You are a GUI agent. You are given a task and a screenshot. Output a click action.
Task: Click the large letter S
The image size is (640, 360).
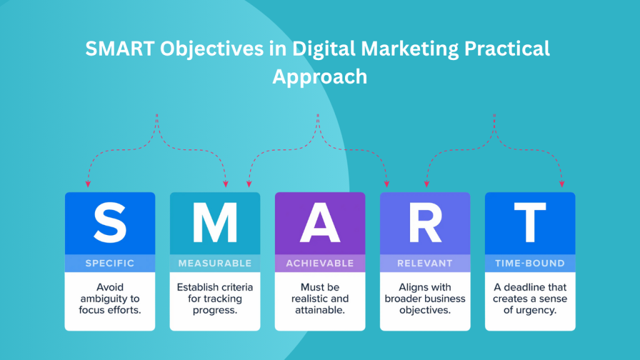coord(110,222)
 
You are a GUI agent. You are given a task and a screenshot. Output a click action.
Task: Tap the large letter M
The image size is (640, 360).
coord(215,222)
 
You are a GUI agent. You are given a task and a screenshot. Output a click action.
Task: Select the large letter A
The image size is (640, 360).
coord(320,222)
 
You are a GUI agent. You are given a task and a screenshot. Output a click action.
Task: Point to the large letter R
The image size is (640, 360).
coord(425,222)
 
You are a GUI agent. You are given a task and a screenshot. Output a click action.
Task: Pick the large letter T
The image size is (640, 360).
coord(530,222)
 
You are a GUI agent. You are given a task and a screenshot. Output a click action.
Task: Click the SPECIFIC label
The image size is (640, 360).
coord(110,263)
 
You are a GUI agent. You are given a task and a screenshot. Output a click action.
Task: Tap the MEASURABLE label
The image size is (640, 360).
coord(215,263)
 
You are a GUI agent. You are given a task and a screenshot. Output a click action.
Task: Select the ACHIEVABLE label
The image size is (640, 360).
coord(320,263)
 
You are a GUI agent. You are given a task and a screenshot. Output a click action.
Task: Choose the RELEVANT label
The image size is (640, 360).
coord(425,263)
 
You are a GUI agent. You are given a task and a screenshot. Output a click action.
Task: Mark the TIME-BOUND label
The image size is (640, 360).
coord(530,263)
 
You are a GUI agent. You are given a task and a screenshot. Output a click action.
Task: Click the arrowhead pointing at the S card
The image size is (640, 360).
coord(88,184)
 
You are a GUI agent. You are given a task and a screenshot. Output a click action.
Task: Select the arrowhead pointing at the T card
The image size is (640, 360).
coord(561,184)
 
